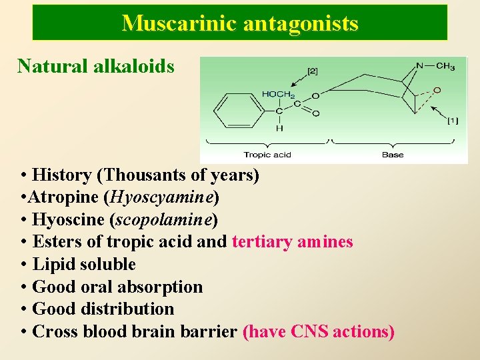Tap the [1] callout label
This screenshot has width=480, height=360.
pos(452,121)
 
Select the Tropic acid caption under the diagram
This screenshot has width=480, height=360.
pos(267,155)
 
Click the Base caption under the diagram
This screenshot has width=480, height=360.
pos(393,155)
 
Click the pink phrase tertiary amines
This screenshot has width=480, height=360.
pos(292,242)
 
